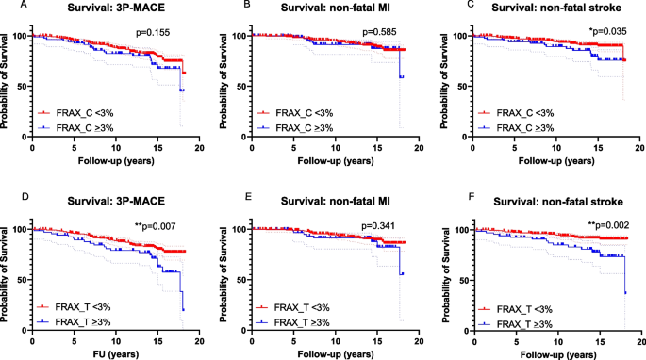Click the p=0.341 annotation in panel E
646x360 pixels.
382,226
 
